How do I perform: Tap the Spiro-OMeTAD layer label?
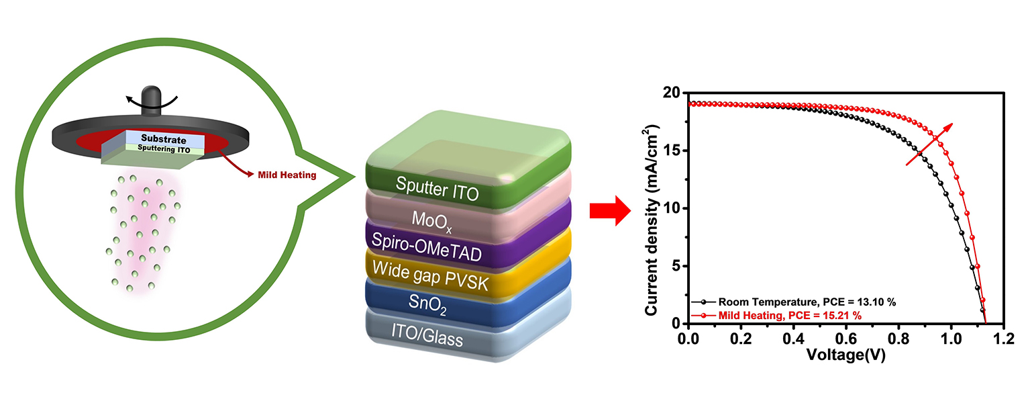point(437,249)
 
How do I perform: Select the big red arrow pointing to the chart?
point(609,212)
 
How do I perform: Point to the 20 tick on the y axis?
point(672,93)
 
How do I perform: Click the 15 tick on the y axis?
point(672,150)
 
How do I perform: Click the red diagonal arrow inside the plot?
point(929,144)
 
